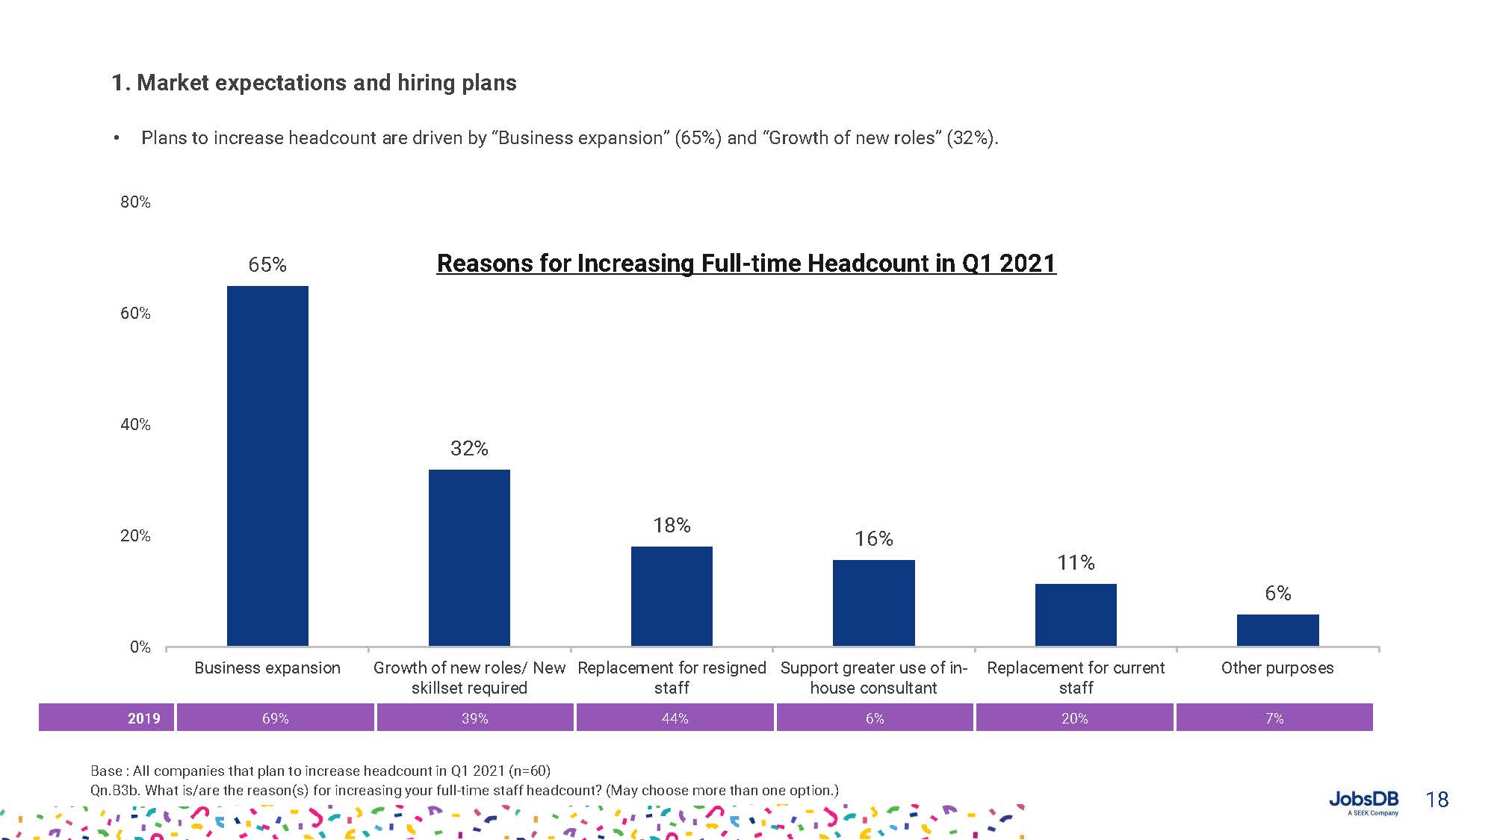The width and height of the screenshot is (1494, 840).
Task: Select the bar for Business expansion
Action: pyautogui.click(x=267, y=466)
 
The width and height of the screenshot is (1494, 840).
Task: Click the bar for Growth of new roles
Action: pyautogui.click(x=469, y=558)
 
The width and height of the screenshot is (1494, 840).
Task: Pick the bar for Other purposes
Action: pyautogui.click(x=1277, y=630)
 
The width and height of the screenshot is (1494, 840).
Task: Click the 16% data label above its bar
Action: pyautogui.click(x=873, y=538)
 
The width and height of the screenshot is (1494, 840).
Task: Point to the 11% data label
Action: pyautogui.click(x=1076, y=562)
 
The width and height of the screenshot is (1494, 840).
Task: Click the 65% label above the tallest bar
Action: pyautogui.click(x=267, y=264)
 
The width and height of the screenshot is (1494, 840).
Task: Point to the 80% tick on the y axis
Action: pyautogui.click(x=135, y=202)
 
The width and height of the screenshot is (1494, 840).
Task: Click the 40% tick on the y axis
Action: pyautogui.click(x=135, y=424)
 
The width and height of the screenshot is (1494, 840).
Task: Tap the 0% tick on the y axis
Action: pyautogui.click(x=140, y=647)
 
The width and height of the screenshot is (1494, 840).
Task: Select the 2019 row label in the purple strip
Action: pyautogui.click(x=143, y=718)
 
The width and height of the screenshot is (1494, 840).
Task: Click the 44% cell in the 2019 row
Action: pyautogui.click(x=675, y=718)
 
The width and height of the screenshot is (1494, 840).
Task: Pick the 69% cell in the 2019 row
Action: pyautogui.click(x=275, y=718)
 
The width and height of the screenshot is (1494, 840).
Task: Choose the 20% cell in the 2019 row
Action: pyautogui.click(x=1074, y=718)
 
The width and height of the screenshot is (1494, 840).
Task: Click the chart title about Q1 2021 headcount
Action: pyautogui.click(x=746, y=263)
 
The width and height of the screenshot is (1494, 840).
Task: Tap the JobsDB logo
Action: pyautogui.click(x=1363, y=801)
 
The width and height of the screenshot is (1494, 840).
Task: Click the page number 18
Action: pyautogui.click(x=1436, y=800)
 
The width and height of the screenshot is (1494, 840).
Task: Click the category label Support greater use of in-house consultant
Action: pyautogui.click(x=873, y=677)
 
